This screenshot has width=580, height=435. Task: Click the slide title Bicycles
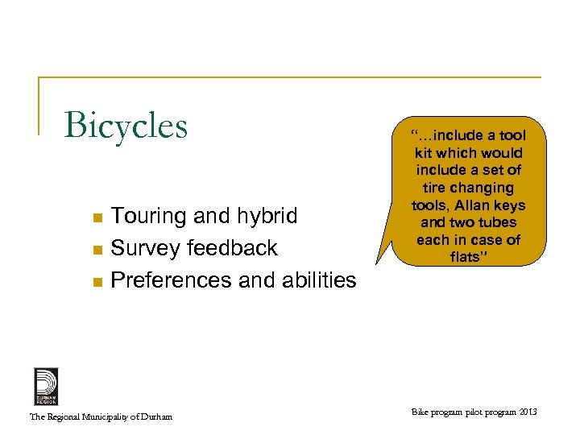pos(126,126)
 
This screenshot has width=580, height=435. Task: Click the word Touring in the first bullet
pos(146,217)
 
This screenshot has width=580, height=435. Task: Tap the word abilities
pos(315,280)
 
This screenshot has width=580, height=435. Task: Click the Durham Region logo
pos(46,386)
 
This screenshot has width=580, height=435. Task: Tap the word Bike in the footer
pos(421,412)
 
